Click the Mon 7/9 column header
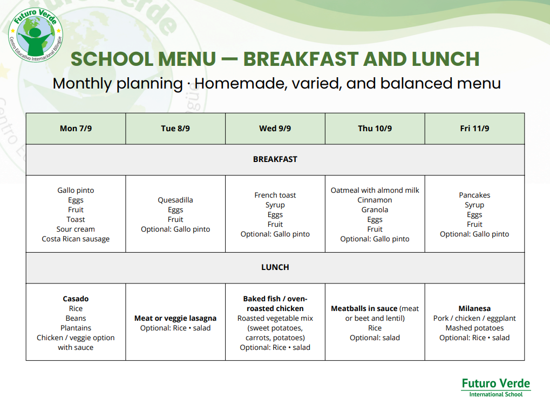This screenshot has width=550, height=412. pyautogui.click(x=76, y=129)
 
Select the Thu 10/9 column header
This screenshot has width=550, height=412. pyautogui.click(x=375, y=129)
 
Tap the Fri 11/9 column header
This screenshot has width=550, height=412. pyautogui.click(x=474, y=129)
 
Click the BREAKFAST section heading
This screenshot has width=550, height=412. pyautogui.click(x=275, y=159)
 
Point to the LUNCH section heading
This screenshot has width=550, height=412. pyautogui.click(x=275, y=267)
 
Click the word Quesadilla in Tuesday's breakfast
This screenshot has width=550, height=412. pyautogui.click(x=175, y=200)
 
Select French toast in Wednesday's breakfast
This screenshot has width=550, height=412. pyautogui.click(x=275, y=195)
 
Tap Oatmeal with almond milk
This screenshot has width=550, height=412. pyautogui.click(x=375, y=190)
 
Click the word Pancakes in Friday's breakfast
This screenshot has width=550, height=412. pyautogui.click(x=474, y=195)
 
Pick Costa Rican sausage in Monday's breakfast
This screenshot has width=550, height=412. pyautogui.click(x=76, y=239)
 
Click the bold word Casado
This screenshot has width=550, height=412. pyautogui.click(x=76, y=299)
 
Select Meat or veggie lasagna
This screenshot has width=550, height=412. pyautogui.click(x=175, y=318)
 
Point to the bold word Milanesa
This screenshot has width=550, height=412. pyautogui.click(x=474, y=308)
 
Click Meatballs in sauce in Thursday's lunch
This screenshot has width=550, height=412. pyautogui.click(x=364, y=308)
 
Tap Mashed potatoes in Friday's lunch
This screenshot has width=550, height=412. pyautogui.click(x=474, y=328)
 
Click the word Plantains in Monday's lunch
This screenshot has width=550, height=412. pyautogui.click(x=76, y=328)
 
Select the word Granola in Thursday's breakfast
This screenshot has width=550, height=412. pyautogui.click(x=375, y=210)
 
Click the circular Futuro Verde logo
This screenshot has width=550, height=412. pyautogui.click(x=36, y=35)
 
